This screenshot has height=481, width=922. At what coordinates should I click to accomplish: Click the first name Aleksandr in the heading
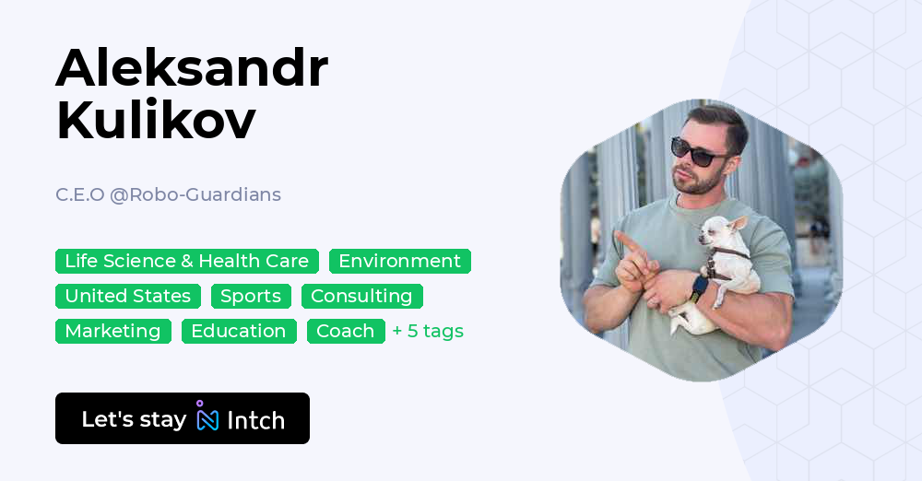coord(192,68)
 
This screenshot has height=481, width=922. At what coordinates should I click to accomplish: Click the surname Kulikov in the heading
coord(156,121)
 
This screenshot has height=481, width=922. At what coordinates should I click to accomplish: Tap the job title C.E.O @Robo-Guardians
coord(168,194)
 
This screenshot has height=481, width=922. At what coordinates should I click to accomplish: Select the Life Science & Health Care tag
coord(187,261)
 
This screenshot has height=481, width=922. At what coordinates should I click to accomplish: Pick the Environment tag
coord(400,261)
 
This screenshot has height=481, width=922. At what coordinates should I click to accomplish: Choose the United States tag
coord(128,296)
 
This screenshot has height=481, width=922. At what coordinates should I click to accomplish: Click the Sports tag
coord(251,296)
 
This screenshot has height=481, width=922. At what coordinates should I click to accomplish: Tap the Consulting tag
coord(361,296)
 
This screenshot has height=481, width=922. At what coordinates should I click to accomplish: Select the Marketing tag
coord(112,331)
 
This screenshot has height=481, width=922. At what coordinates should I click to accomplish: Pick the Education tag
coord(239,331)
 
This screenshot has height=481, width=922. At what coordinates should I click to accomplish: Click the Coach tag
coord(346,331)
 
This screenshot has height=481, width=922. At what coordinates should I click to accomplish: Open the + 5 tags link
coord(428,331)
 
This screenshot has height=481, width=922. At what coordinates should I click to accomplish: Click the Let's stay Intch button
coord(183,418)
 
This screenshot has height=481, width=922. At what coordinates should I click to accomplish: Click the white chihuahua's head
coord(722,230)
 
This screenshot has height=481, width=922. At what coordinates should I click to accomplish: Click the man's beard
coord(698,182)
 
